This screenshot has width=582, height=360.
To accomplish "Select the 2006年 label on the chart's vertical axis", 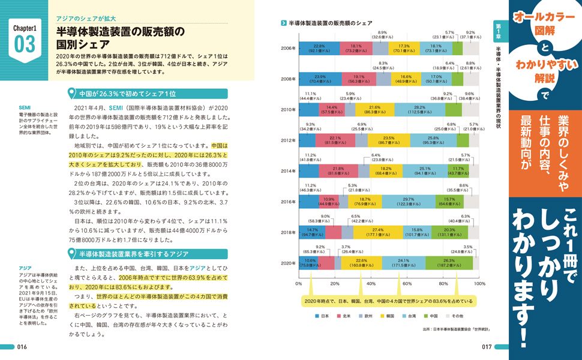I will click(x=289, y=49).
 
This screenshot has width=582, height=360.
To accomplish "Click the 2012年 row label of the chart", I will click(x=289, y=140).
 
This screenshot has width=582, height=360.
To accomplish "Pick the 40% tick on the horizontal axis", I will click(x=371, y=283).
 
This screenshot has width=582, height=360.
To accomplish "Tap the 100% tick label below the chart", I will click(x=479, y=283).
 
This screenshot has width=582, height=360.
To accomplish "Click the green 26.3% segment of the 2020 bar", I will click(x=449, y=263).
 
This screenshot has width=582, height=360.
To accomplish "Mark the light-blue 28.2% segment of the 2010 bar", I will click(x=420, y=110).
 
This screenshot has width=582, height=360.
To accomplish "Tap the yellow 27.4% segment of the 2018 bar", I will click(x=377, y=232).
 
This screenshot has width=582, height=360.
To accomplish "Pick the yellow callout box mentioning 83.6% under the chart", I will click(x=388, y=301).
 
